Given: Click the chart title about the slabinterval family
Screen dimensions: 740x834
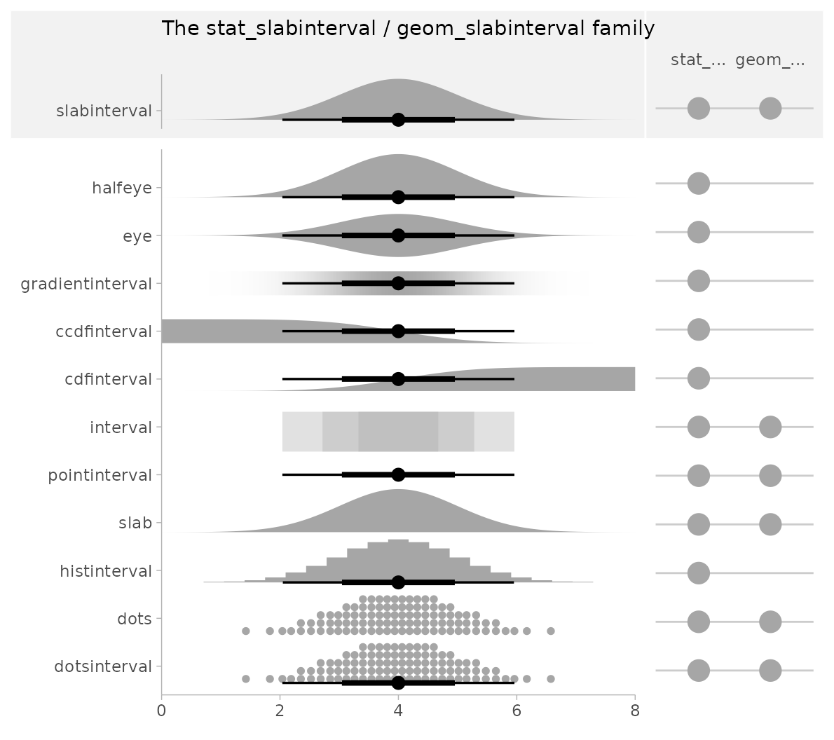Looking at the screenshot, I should [x=408, y=29].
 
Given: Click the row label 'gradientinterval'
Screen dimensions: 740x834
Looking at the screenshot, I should [x=86, y=284].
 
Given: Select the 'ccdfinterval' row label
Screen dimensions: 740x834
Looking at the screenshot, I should [x=104, y=331].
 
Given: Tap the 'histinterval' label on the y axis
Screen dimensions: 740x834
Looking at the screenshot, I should [x=106, y=571].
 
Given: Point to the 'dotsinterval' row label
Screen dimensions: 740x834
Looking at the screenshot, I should [x=103, y=666].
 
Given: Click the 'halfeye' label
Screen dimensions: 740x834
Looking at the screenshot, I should [x=122, y=188].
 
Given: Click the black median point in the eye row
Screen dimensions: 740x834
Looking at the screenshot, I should [x=398, y=235].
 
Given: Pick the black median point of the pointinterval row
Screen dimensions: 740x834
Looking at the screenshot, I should [x=398, y=474].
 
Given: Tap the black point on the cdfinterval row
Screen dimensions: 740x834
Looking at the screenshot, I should [x=398, y=379].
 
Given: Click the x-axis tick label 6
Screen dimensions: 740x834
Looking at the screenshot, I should [x=517, y=710].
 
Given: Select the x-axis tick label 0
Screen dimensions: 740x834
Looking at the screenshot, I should [x=162, y=710].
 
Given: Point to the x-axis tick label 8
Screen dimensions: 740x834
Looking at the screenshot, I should [x=635, y=710].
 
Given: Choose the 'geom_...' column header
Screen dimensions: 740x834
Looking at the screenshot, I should [x=770, y=60].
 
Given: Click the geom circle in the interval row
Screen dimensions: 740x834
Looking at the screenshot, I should [x=770, y=426].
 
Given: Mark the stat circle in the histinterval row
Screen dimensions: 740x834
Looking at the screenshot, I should [x=698, y=573].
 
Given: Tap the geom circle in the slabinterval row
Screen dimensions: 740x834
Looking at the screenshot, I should [x=770, y=109].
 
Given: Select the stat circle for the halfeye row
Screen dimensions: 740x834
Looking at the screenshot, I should [x=698, y=184].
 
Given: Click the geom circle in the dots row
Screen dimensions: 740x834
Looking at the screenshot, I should [x=770, y=622].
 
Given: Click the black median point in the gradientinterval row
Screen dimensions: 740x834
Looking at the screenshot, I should [x=398, y=283].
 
